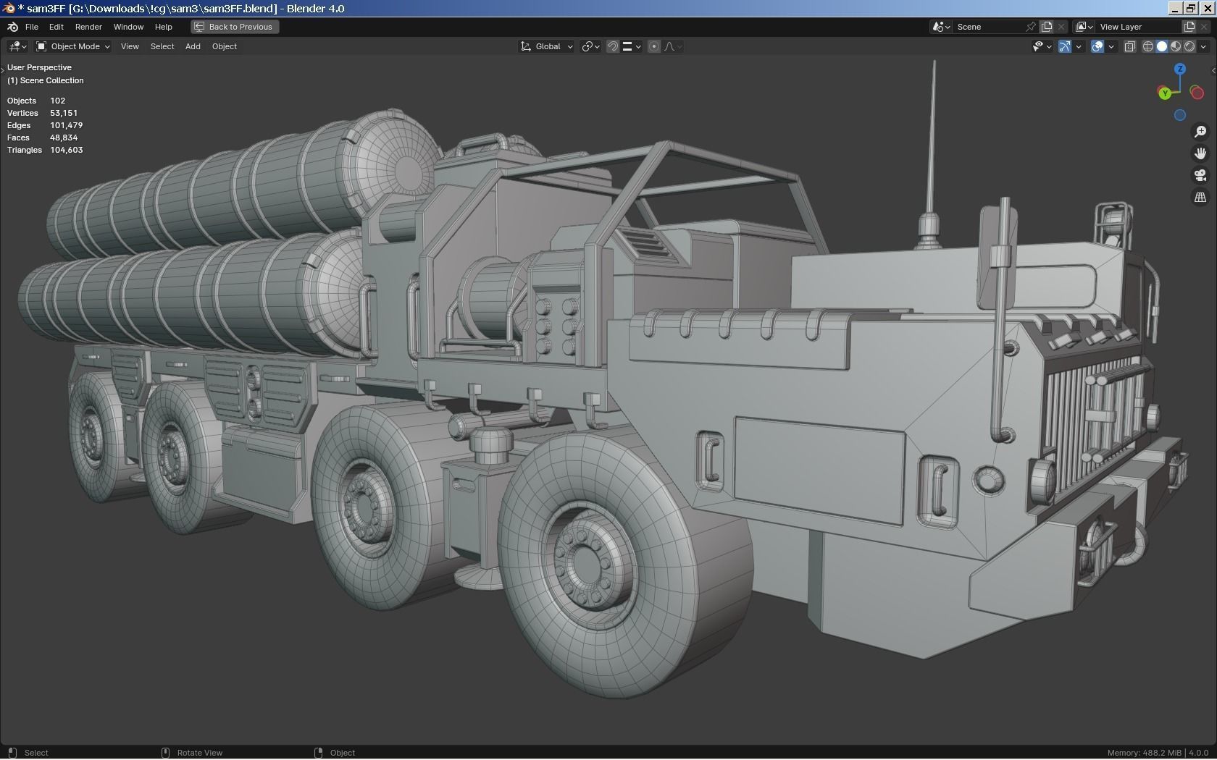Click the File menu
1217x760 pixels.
click(31, 27)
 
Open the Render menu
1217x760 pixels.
click(88, 27)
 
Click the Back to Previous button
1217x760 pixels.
click(235, 27)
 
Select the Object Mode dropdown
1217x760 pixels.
click(73, 46)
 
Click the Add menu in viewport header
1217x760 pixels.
click(193, 46)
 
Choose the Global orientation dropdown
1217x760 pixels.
click(547, 46)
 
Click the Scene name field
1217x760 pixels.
click(988, 27)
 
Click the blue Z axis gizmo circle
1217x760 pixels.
click(1180, 69)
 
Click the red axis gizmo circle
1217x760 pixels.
click(1197, 93)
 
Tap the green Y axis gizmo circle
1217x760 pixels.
click(1164, 93)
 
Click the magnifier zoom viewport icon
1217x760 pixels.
click(1200, 131)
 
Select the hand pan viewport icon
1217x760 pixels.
click(1200, 153)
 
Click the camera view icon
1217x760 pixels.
click(1200, 175)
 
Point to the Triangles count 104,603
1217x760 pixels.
click(67, 150)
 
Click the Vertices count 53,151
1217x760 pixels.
click(64, 113)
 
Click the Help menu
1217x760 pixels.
click(163, 27)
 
